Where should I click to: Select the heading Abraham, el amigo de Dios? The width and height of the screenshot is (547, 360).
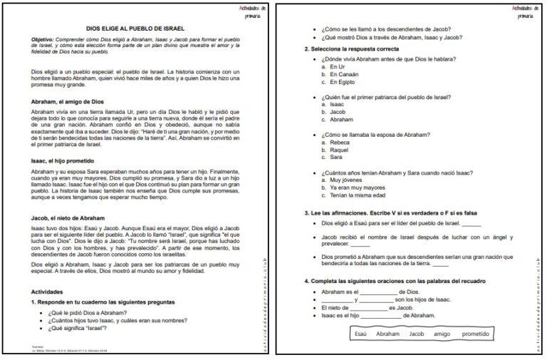pos(68,102)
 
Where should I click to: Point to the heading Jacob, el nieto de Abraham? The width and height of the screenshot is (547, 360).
pos(68,217)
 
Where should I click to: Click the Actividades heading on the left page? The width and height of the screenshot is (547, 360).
pos(48,292)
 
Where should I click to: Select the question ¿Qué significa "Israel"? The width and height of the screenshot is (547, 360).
pos(78,328)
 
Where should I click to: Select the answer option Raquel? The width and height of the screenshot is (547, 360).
pos(340,150)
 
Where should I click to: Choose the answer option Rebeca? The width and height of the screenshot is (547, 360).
pos(340,143)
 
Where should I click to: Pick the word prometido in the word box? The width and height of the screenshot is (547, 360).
pos(476,334)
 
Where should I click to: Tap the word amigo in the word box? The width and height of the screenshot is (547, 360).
pos(442,334)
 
